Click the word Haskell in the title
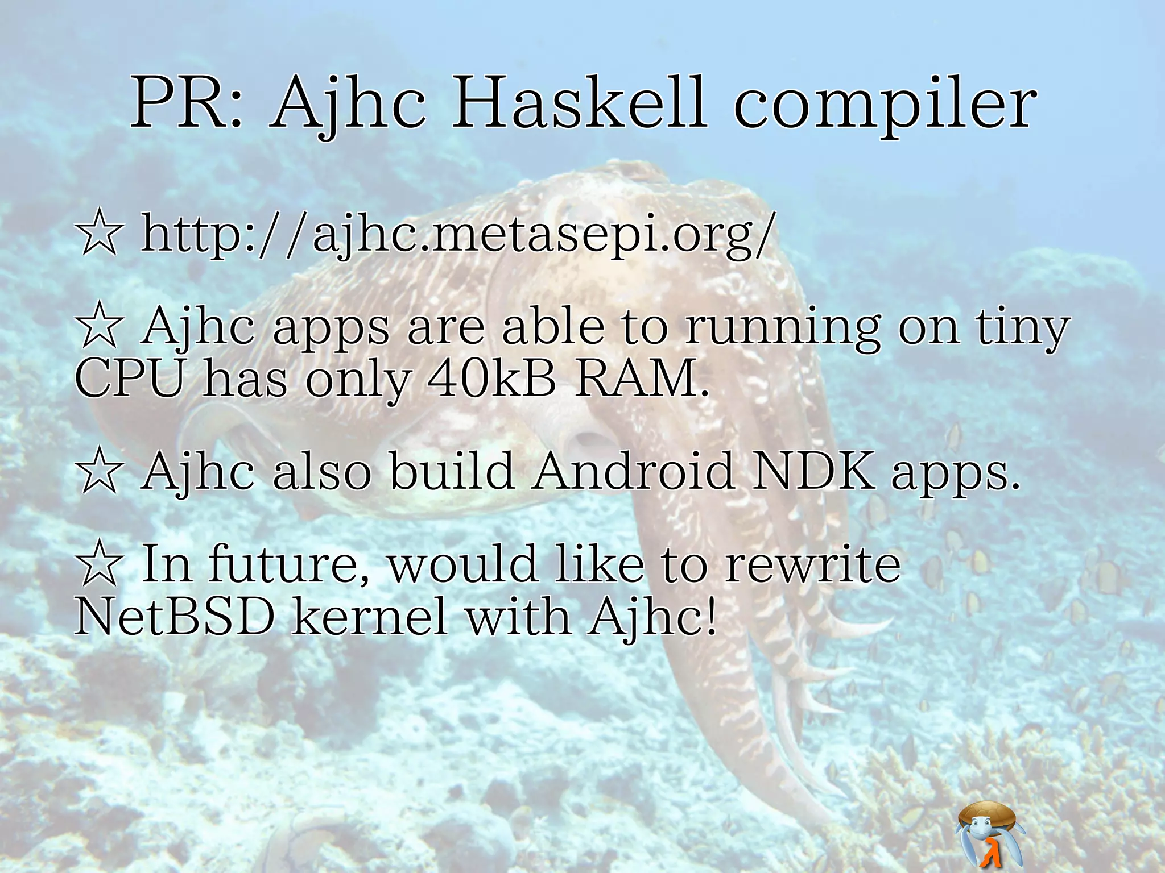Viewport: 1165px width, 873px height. [x=579, y=105]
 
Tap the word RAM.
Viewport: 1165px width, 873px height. [x=642, y=379]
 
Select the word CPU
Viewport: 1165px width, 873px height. [x=130, y=379]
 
